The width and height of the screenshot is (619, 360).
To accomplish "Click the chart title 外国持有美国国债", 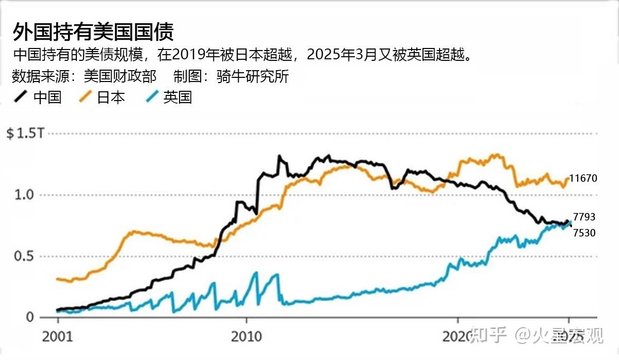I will [x=93, y=32].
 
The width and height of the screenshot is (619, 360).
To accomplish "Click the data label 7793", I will [x=584, y=217].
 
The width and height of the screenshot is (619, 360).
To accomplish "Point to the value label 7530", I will [x=584, y=233].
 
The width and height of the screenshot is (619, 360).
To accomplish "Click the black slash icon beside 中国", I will [x=21, y=97].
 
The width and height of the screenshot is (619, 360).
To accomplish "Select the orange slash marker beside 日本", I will [x=85, y=97].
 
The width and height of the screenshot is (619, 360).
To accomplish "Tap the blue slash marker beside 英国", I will [x=151, y=97].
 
